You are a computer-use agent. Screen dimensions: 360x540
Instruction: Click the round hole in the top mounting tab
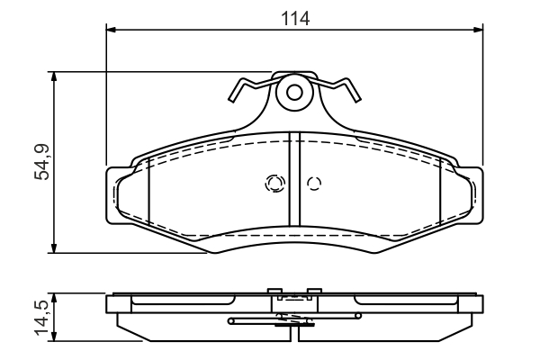click(294, 92)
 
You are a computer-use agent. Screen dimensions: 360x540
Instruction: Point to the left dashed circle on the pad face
click(274, 184)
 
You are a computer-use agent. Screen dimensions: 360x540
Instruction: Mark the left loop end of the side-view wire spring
click(232, 319)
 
